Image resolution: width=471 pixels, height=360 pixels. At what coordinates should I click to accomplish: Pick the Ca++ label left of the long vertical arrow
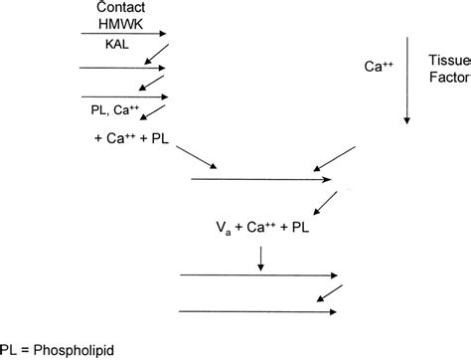[x=381, y=67]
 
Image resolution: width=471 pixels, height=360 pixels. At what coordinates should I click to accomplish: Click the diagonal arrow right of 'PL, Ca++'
[x=154, y=112]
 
